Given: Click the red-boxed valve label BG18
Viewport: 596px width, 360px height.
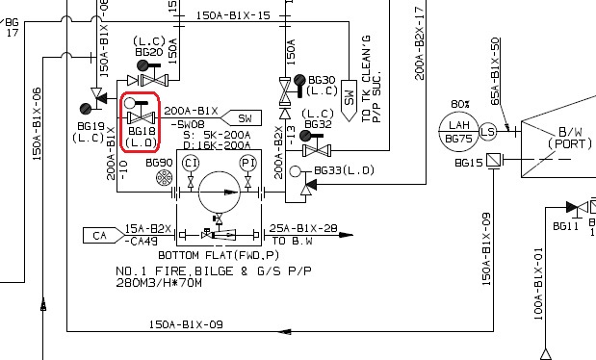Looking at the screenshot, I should [142, 131].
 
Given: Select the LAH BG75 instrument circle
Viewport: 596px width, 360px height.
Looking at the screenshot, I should [457, 131].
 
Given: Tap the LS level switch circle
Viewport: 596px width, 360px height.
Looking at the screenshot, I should [488, 131].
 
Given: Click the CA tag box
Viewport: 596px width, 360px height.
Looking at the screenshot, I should [98, 235].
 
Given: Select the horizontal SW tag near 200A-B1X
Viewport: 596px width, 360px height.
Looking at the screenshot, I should [245, 117].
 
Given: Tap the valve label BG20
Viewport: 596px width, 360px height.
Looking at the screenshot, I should [149, 52].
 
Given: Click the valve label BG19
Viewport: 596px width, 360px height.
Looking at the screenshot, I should [91, 126].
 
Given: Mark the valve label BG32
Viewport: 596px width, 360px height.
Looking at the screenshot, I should [318, 124].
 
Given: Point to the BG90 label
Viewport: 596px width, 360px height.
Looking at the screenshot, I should [159, 163].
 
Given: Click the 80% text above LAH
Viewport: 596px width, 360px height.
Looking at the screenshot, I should [458, 104].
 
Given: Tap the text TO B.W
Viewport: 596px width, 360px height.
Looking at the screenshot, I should [294, 240].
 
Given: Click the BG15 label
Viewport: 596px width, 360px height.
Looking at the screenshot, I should [470, 164].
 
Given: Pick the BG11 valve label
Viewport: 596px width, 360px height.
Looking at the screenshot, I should [565, 225].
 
